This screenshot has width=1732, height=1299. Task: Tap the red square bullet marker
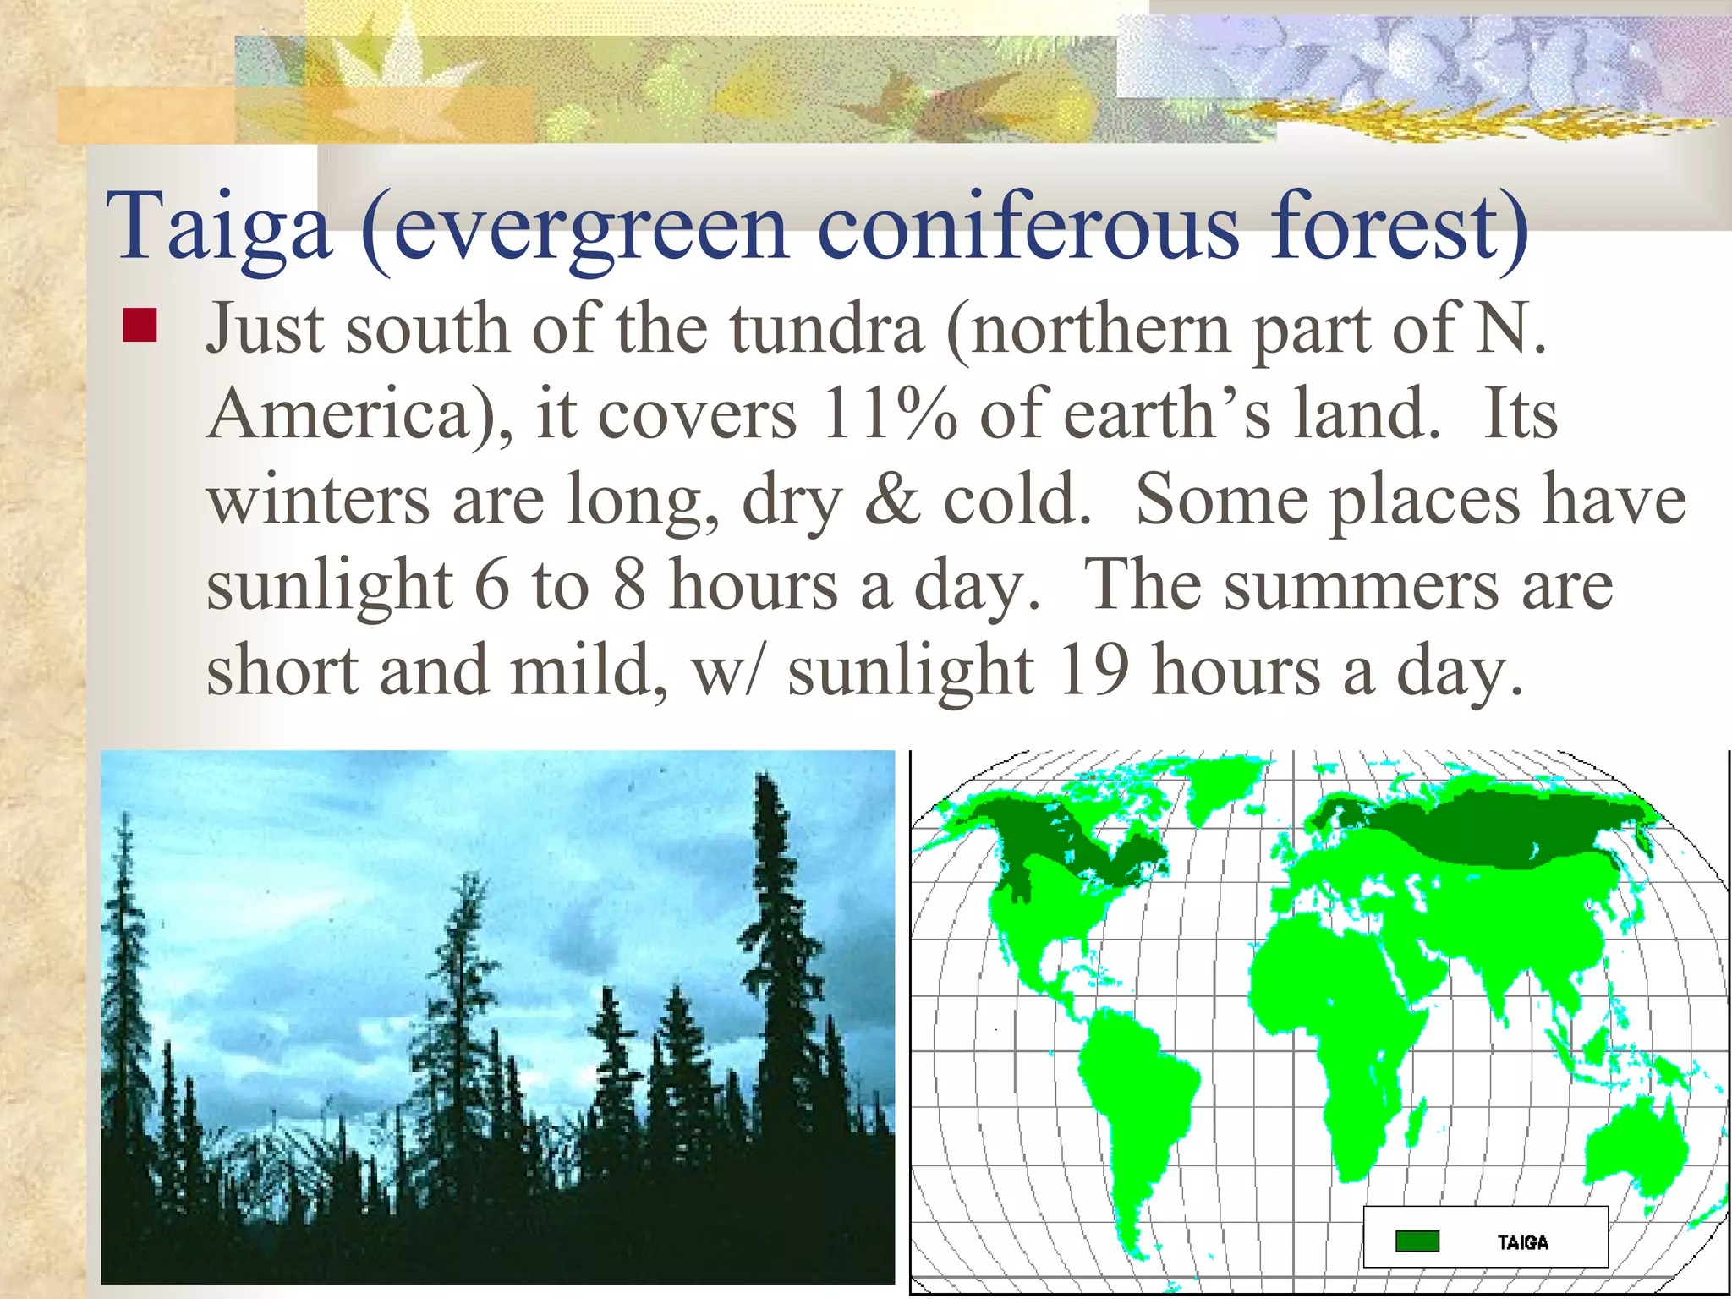140,326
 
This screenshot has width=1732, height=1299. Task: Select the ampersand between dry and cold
892,499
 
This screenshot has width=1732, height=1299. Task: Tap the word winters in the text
319,499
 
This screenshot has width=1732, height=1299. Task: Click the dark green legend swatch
1417,1241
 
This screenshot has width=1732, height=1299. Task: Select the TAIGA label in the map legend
1522,1242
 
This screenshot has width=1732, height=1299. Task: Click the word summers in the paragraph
1361,585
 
